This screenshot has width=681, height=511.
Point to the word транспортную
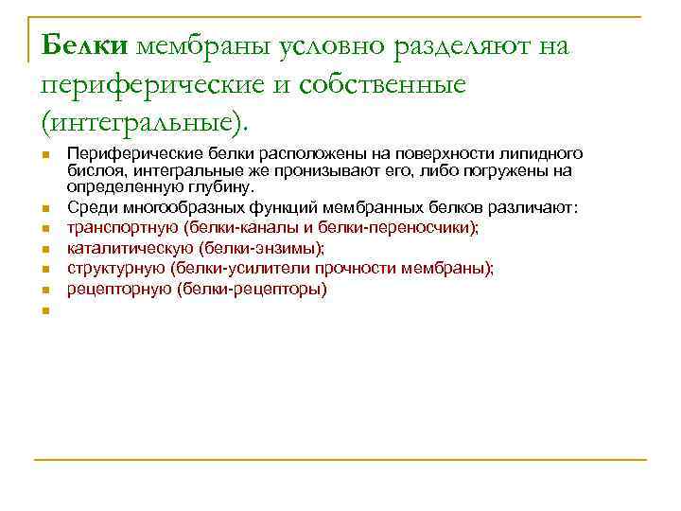(123, 228)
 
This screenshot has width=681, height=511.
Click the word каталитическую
(126, 249)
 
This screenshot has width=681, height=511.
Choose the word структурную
(111, 269)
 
